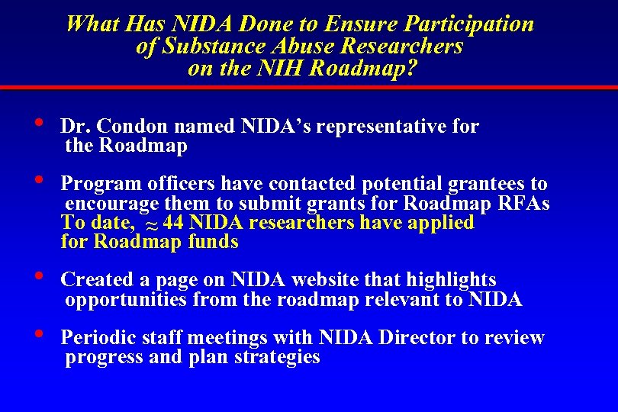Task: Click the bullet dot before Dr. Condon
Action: pos(38,123)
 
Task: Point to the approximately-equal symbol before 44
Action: pos(150,225)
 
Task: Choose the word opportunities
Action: pos(126,300)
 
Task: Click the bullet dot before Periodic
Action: pos(38,333)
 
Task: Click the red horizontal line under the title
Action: pos(309,89)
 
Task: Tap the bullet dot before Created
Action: pos(38,276)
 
